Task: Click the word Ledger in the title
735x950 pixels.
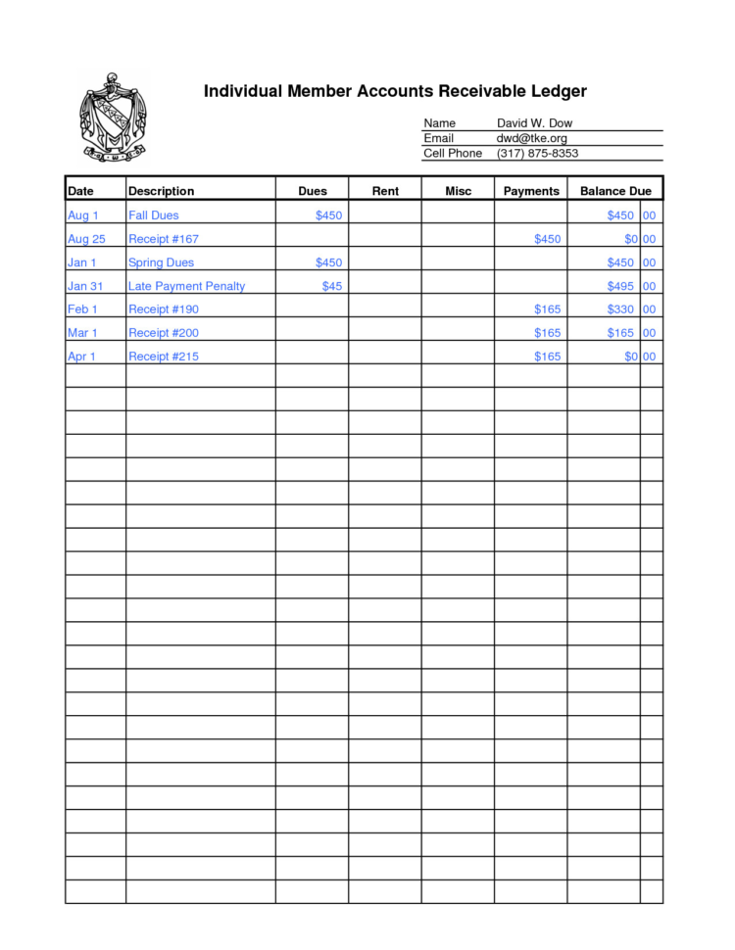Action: point(556,91)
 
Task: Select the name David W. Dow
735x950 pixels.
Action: point(534,123)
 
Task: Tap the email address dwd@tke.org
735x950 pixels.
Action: point(531,138)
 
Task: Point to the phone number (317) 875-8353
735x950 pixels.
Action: point(537,154)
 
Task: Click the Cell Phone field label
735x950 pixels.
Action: point(452,154)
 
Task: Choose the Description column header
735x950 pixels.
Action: point(162,191)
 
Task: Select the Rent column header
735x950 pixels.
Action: point(385,191)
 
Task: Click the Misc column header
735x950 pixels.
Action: point(458,191)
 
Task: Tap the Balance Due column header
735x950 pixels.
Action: point(615,191)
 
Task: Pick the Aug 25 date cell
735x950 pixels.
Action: point(86,239)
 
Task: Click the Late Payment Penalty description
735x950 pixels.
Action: point(186,286)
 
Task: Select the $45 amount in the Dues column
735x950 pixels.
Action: point(332,286)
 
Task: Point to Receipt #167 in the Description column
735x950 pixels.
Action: point(164,239)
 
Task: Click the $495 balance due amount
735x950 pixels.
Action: point(620,286)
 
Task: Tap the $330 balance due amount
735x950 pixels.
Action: point(620,309)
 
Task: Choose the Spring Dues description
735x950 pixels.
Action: point(161,262)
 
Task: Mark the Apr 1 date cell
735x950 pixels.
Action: point(81,356)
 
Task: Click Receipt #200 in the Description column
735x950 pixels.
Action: point(164,333)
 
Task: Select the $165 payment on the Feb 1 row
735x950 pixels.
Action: point(547,309)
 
